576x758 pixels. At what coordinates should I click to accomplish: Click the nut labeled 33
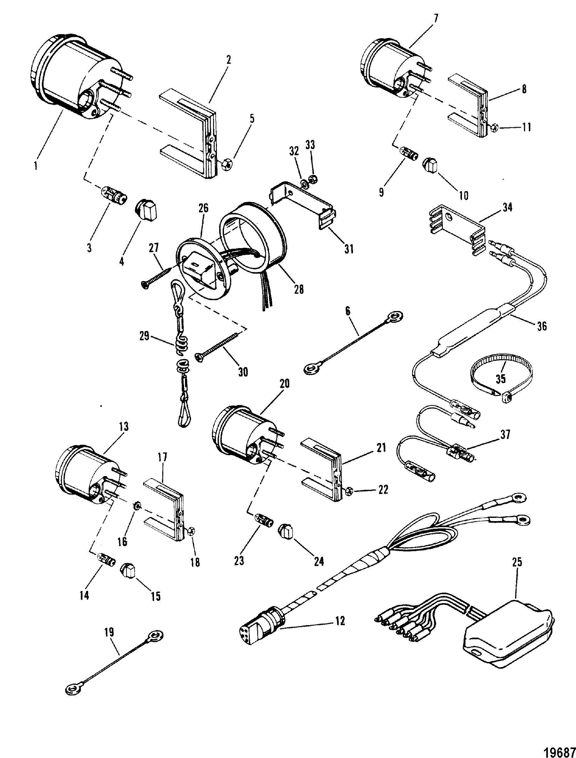click(x=312, y=179)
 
